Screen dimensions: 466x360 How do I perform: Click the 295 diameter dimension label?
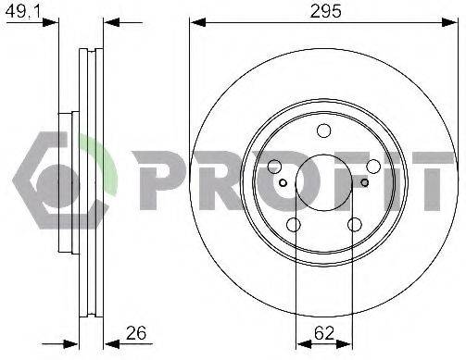tap(325, 11)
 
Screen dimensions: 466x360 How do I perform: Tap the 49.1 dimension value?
tap(24, 11)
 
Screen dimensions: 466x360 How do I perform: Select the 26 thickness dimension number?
tap(136, 333)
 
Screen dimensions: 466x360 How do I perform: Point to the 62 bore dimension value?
tap(324, 333)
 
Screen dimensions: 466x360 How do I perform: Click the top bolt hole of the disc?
tap(324, 130)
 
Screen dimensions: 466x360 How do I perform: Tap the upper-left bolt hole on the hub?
tap(274, 167)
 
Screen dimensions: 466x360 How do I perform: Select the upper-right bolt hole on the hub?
tap(373, 167)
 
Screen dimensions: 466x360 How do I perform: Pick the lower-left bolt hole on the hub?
tap(294, 225)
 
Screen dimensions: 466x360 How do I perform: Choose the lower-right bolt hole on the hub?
tap(355, 225)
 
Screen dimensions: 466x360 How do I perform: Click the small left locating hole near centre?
tap(283, 183)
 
